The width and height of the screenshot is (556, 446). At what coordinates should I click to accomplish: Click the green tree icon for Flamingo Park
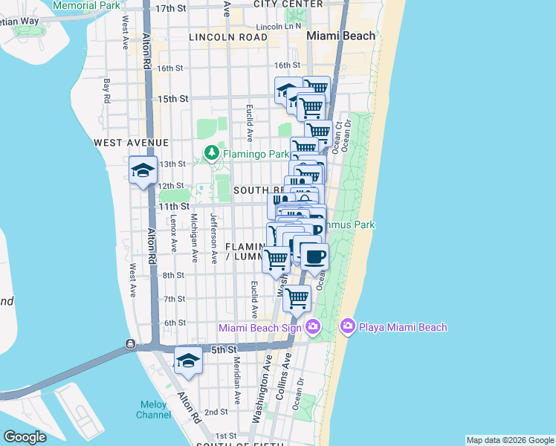click(x=212, y=153)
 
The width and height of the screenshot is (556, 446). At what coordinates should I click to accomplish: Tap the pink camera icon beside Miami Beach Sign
click(x=313, y=326)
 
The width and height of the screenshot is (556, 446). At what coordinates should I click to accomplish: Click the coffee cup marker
click(x=314, y=257)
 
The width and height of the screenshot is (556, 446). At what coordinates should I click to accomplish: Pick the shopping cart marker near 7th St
click(x=297, y=299)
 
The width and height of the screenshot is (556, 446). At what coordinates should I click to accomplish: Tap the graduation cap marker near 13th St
click(x=143, y=171)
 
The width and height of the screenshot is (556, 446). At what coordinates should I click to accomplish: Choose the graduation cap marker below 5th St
click(x=188, y=361)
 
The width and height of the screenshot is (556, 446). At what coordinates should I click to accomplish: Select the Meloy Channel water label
click(x=154, y=410)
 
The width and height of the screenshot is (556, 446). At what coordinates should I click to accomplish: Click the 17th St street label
click(x=170, y=8)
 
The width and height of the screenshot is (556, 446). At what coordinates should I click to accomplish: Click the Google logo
click(x=25, y=437)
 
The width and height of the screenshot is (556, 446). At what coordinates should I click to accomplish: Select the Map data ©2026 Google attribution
click(x=509, y=440)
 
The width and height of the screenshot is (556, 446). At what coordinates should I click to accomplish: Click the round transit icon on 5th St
click(x=130, y=344)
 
